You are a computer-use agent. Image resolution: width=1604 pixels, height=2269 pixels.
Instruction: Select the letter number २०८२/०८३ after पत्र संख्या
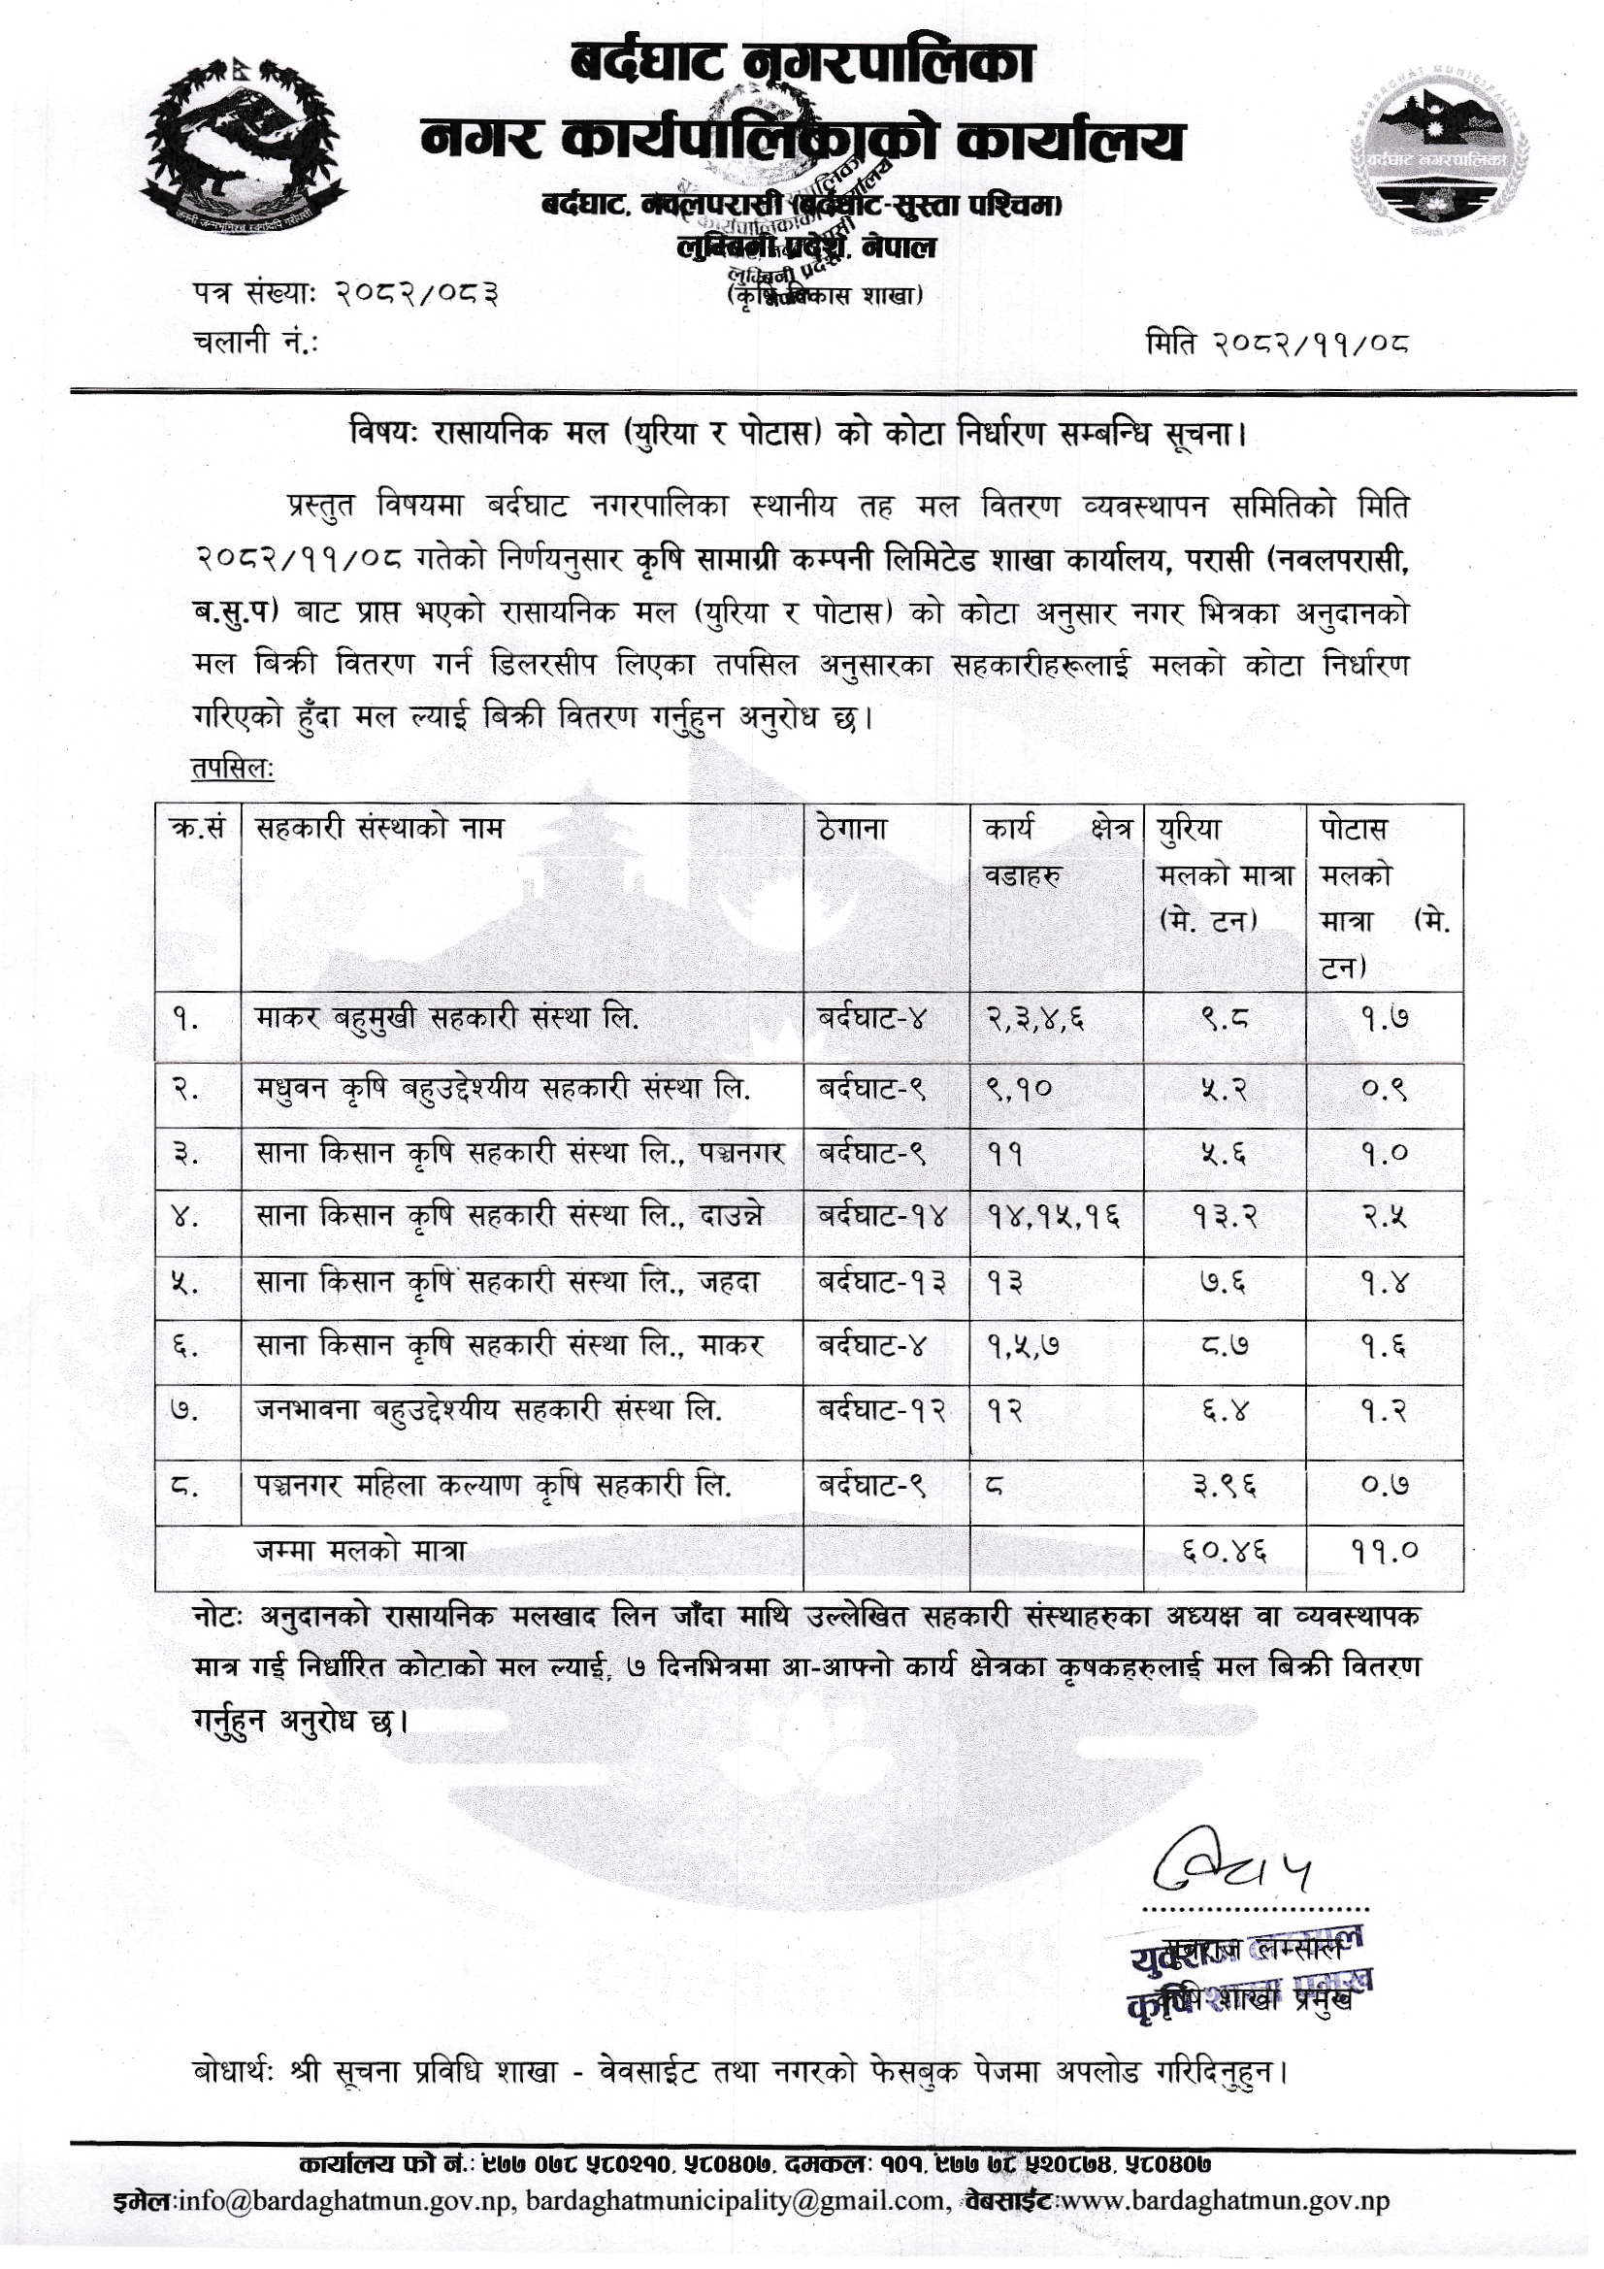point(416,293)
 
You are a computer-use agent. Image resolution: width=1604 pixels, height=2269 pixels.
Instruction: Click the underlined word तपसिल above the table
point(233,768)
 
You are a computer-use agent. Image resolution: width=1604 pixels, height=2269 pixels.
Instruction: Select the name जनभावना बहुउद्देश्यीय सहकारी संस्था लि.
point(488,1410)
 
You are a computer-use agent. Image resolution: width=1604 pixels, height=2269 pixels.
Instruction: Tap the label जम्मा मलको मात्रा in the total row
point(360,1552)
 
